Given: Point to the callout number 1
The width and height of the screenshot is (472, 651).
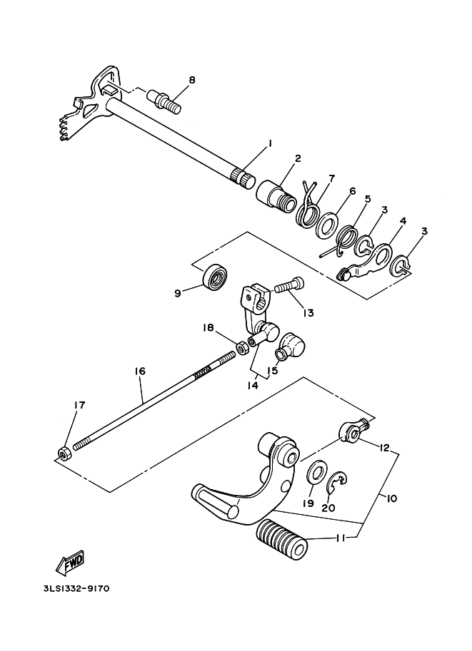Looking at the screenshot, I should tap(270, 143).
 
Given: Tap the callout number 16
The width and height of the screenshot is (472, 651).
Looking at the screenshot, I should tap(139, 371).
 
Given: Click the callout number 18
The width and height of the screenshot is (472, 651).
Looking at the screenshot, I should tap(209, 327).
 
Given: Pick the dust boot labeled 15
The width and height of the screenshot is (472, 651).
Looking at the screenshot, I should tap(290, 348).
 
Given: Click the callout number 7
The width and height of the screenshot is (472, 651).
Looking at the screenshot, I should tap(331, 178).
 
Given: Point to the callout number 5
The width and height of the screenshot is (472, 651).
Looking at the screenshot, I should tap(368, 200).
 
